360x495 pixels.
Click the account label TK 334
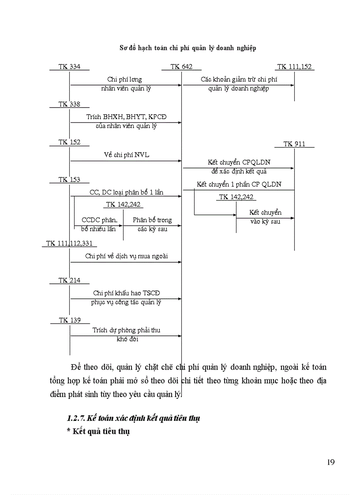[70, 67]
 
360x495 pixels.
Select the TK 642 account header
[181, 67]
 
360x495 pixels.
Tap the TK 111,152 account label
[294, 67]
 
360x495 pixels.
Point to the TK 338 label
[70, 104]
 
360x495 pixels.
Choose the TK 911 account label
[294, 144]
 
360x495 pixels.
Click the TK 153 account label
[70, 179]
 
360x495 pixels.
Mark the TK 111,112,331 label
[69, 243]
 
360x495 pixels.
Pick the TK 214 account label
[70, 280]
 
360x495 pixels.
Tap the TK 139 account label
[70, 320]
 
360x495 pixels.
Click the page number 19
[331, 462]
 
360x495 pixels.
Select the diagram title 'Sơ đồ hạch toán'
[188, 48]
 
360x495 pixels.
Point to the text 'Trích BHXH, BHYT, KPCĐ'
[126, 117]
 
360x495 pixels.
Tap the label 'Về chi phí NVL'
[126, 155]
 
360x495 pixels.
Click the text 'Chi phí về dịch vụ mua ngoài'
[127, 256]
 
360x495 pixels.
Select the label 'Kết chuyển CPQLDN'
[238, 162]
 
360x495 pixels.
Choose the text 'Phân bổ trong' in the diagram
[152, 220]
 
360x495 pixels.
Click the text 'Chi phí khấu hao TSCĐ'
[126, 293]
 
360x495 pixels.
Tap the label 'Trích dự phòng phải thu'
[126, 330]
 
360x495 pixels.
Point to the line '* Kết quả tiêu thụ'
[98, 432]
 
